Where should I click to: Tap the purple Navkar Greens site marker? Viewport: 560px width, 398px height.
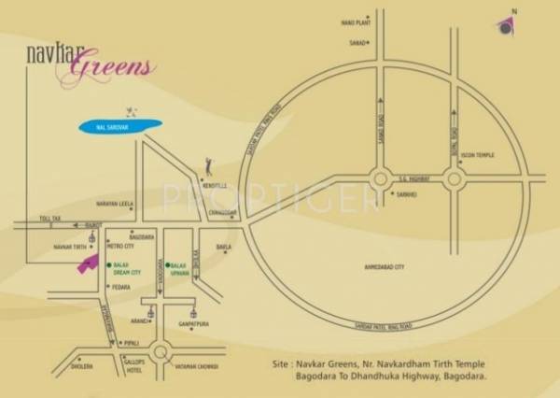[87, 263]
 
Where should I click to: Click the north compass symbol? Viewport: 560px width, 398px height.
[505, 26]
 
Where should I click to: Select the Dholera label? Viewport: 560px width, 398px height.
[82, 366]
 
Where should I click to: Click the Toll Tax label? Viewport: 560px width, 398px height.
[49, 217]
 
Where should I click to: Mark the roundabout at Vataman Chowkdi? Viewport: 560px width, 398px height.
[160, 352]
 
